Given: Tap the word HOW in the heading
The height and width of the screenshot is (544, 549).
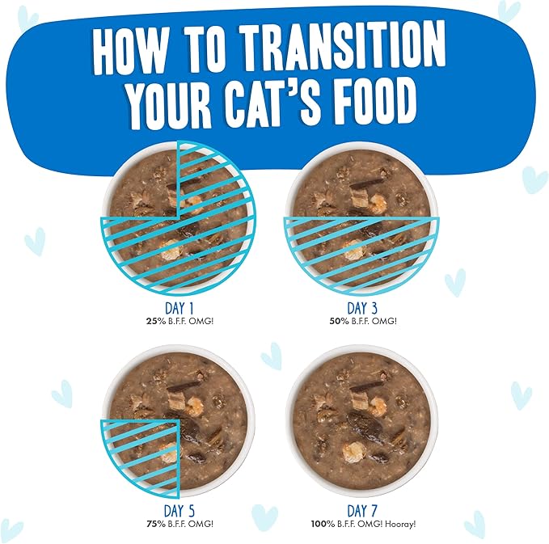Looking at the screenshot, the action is coord(128,50).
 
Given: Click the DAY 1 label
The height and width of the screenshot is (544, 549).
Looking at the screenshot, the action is coord(179,308).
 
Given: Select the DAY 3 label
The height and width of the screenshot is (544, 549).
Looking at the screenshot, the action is coord(362,308).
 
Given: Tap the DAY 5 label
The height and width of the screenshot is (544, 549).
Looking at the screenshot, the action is coord(179,511).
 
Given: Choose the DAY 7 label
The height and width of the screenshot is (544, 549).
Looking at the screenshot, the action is coord(362,511).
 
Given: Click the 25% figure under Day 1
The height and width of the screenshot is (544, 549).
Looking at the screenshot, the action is coord(155,321).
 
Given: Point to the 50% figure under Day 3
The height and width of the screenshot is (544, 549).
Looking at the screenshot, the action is coord(339,321).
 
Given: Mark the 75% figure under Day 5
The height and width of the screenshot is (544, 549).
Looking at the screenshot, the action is coord(155,524).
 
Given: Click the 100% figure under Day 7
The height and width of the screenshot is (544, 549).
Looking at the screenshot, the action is coord(323,524).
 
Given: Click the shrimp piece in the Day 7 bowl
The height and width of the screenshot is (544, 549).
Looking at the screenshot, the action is coord(354,452).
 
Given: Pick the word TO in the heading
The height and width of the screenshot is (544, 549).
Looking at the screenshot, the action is coord(203,49).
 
